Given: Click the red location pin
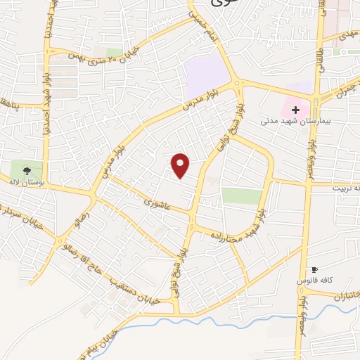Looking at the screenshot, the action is click(x=181, y=165).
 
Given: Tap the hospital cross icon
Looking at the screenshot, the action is click(x=295, y=110).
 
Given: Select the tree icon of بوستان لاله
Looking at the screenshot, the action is click(x=27, y=169).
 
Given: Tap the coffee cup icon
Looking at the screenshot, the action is click(x=314, y=269).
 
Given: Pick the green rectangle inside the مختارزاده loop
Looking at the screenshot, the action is click(x=241, y=195).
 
